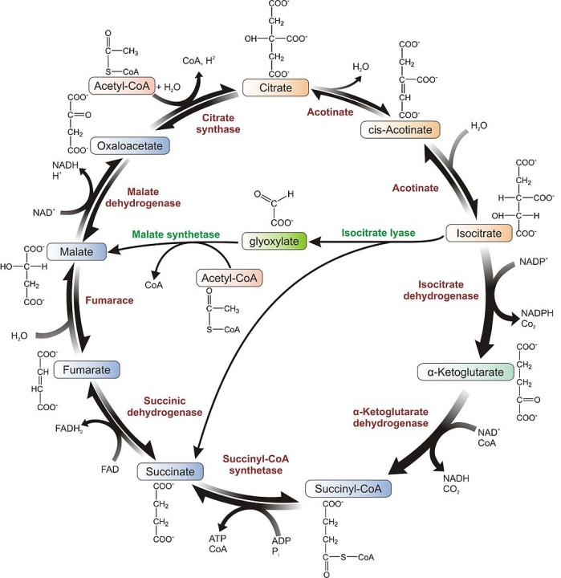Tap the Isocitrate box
pyautogui.click(x=479, y=234)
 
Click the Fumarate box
pyautogui.click(x=87, y=369)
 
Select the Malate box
pyautogui.click(x=77, y=252)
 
